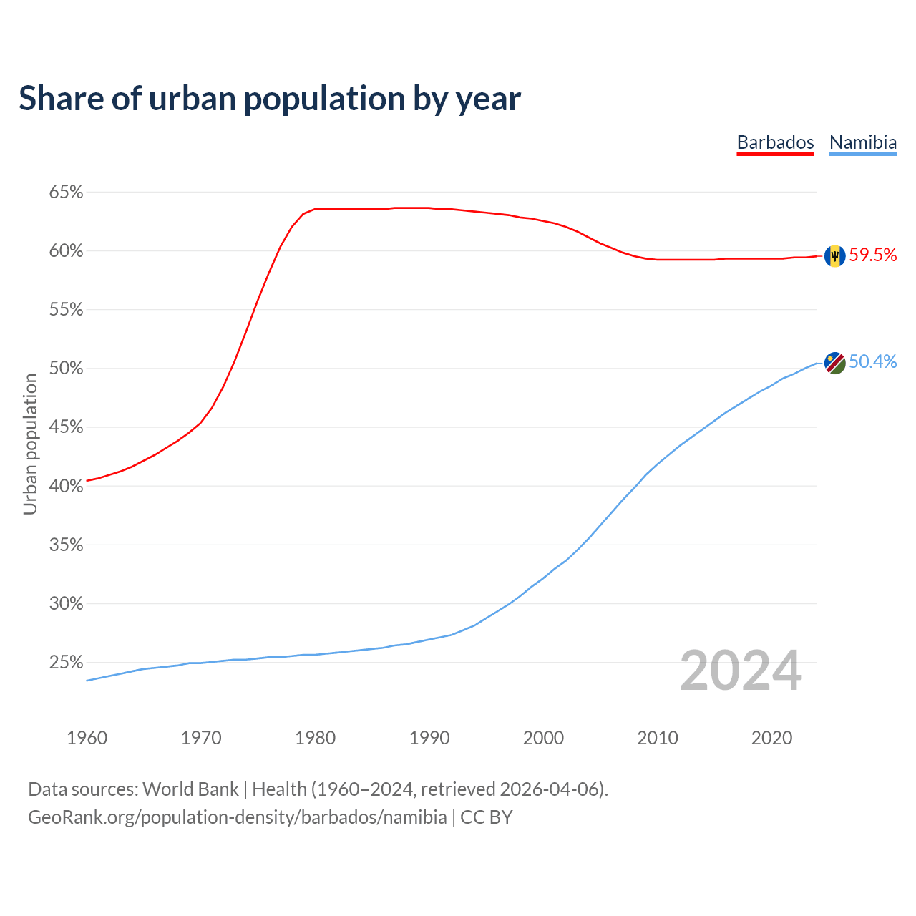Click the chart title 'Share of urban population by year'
tap(270, 99)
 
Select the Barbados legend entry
tap(775, 142)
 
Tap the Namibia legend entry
tap(862, 142)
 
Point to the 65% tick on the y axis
tap(66, 193)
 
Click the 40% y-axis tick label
tap(66, 486)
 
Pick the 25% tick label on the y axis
tap(66, 663)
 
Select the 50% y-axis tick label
tap(66, 369)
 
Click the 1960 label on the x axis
tap(87, 738)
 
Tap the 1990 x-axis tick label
tap(429, 738)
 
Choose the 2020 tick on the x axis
tap(771, 738)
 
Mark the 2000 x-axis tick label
tap(543, 738)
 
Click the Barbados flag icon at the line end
tap(834, 255)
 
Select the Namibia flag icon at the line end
tap(834, 362)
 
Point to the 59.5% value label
tap(872, 255)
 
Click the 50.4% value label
tap(872, 362)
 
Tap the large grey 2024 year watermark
tap(741, 671)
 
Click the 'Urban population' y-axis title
tap(30, 444)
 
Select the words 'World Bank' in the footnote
tap(190, 789)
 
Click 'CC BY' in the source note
tap(487, 817)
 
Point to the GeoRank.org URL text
tap(237, 817)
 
